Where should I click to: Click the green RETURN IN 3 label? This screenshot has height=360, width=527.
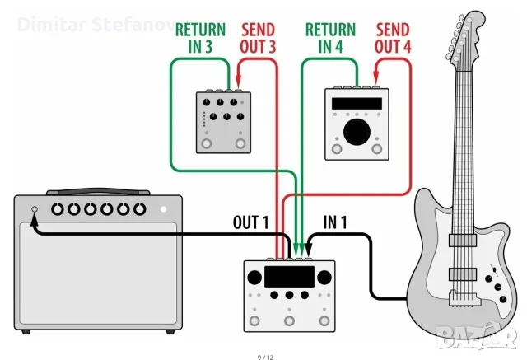pos(200,38)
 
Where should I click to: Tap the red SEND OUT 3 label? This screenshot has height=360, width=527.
pos(258,38)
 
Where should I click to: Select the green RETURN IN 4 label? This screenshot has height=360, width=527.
pos(330,38)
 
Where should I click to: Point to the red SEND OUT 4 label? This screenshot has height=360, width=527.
pos(393,38)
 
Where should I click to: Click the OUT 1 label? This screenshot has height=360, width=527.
pos(250,222)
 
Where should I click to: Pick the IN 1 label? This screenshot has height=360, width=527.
pos(335,222)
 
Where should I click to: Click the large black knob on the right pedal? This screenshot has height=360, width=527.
pos(357,132)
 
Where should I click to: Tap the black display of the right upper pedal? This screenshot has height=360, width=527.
pos(357,103)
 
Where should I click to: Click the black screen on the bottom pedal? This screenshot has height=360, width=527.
pos(289,277)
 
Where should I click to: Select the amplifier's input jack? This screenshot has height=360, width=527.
pos(35,209)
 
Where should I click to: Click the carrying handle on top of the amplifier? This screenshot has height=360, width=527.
pos(98,192)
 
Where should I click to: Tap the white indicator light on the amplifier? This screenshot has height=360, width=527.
pos(164,209)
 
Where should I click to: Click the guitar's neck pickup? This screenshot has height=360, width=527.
pos(463,240)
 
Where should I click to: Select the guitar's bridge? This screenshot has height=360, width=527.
pos(464,298)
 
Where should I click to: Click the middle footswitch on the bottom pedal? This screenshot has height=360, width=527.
pos(289,320)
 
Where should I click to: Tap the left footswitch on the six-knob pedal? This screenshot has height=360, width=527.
pos(207,144)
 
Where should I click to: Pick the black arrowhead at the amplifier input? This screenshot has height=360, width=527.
pos(35,220)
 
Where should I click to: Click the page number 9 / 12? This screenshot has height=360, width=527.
pos(265,357)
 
